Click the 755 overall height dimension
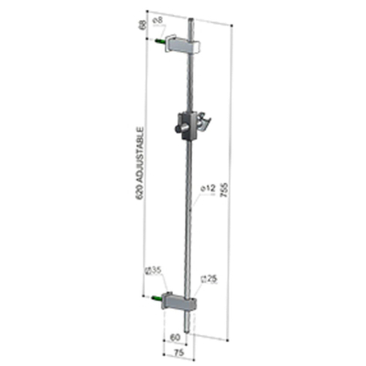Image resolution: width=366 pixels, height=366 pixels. click(x=224, y=187)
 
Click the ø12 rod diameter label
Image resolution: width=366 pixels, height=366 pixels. click(x=207, y=188)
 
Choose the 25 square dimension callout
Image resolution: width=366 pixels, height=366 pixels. click(x=207, y=277)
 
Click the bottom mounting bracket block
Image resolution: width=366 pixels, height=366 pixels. click(x=178, y=303)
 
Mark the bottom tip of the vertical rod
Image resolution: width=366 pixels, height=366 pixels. click(x=187, y=328)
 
